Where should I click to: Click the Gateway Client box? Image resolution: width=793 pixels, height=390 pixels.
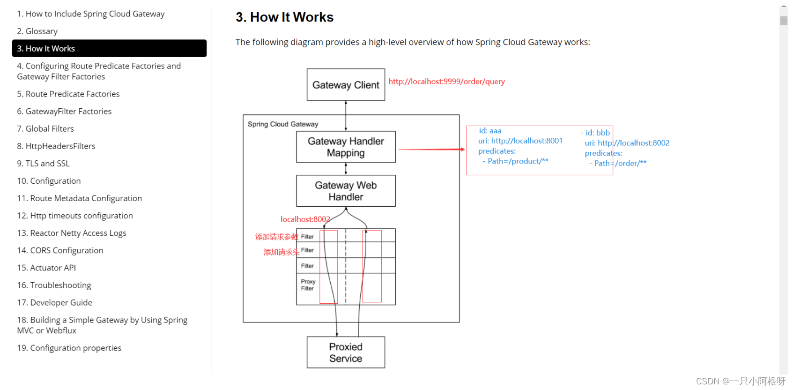click(346, 85)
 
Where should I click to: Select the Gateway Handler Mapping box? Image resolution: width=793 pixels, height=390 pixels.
click(346, 147)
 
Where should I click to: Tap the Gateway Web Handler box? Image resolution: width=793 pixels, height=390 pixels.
click(346, 191)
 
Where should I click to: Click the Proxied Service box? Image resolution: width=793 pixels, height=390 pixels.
click(346, 352)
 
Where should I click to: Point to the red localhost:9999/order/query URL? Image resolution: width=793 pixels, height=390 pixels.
click(446, 82)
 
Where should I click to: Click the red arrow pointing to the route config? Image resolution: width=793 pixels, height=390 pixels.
click(431, 149)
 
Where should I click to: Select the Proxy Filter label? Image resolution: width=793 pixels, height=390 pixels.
click(308, 285)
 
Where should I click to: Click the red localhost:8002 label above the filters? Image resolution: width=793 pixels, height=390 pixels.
click(305, 219)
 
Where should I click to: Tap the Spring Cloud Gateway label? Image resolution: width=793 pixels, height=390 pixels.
click(283, 124)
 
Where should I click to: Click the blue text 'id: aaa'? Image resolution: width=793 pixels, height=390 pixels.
click(490, 131)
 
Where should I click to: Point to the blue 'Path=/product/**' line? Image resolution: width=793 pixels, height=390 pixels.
click(517, 161)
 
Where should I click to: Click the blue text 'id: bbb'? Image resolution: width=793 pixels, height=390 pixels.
click(597, 133)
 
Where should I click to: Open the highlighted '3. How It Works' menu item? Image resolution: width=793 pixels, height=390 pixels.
click(109, 48)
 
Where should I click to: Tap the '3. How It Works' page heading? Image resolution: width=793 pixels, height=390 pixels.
click(284, 17)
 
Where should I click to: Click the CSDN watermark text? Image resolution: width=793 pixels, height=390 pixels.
click(740, 381)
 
